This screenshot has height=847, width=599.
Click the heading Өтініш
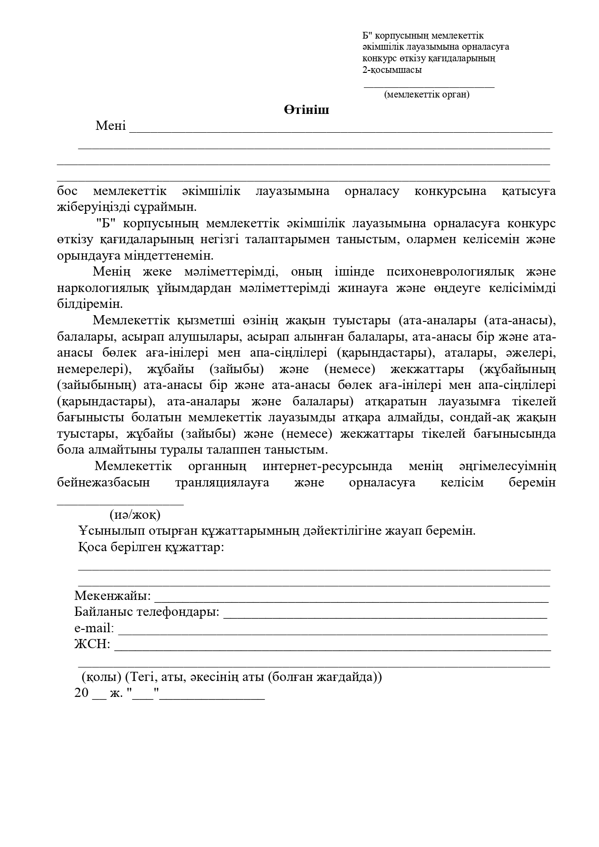pos(306,110)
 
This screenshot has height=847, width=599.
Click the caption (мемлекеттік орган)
pos(427,95)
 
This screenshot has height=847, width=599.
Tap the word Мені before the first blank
pos(111,126)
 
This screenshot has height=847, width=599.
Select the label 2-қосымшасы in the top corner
pos(392,69)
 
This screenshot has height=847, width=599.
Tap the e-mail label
pos(94,628)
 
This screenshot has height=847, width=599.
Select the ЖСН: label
pos(92,644)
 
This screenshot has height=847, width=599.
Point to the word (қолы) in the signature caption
pos(101,677)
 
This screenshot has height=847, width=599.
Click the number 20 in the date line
pos(82,693)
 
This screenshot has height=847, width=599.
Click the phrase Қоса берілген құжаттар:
pos(151,547)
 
